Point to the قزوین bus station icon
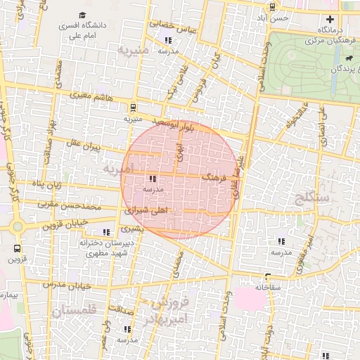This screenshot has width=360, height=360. pos(17,248)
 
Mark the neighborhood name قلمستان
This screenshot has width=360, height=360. pos(71,310)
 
